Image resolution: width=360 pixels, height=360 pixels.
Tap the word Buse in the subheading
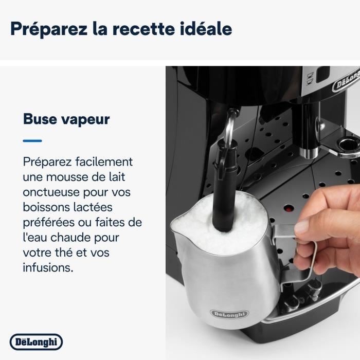click(x=40, y=119)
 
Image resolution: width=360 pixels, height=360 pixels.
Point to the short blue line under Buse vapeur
click(x=32, y=140)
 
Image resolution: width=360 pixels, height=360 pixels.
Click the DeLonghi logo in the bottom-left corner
click(x=36, y=341)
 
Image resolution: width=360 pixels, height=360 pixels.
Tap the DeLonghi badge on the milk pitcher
click(x=228, y=314)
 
